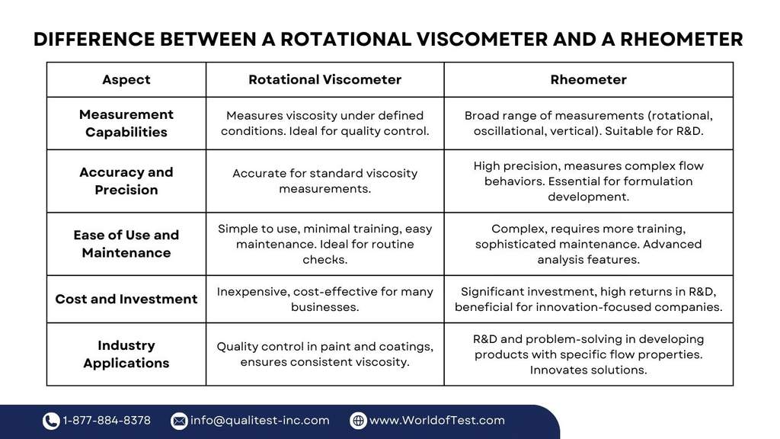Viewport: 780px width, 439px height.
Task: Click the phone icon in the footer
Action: pyautogui.click(x=51, y=421)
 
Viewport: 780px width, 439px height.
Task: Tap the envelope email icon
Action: pyautogui.click(x=179, y=421)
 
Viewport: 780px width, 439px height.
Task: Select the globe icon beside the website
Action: pyautogui.click(x=358, y=421)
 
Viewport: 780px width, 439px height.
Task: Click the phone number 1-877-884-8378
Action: pyautogui.click(x=107, y=421)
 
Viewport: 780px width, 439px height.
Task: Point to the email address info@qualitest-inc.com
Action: pyautogui.click(x=260, y=421)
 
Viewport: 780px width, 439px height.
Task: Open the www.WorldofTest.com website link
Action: pyautogui.click(x=436, y=421)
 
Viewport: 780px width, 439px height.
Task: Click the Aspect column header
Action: pyautogui.click(x=126, y=79)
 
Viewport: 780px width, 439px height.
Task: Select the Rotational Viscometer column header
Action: pyautogui.click(x=324, y=79)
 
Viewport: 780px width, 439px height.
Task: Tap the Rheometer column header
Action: pyautogui.click(x=588, y=79)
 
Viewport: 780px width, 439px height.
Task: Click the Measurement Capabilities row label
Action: pyautogui.click(x=126, y=123)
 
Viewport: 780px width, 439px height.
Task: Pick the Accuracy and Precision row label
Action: pyautogui.click(x=126, y=181)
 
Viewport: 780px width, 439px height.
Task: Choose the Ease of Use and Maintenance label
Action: pyautogui.click(x=126, y=244)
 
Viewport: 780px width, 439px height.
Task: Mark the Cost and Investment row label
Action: pyautogui.click(x=126, y=300)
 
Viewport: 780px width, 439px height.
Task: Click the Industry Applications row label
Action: pyautogui.click(x=126, y=354)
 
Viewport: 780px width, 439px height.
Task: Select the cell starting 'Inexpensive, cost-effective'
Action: pyautogui.click(x=324, y=300)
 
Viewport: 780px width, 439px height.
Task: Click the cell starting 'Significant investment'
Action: pyautogui.click(x=588, y=300)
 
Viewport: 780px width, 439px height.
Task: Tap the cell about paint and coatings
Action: pyautogui.click(x=324, y=354)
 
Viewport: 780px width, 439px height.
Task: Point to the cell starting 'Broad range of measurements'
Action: pyautogui.click(x=588, y=123)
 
